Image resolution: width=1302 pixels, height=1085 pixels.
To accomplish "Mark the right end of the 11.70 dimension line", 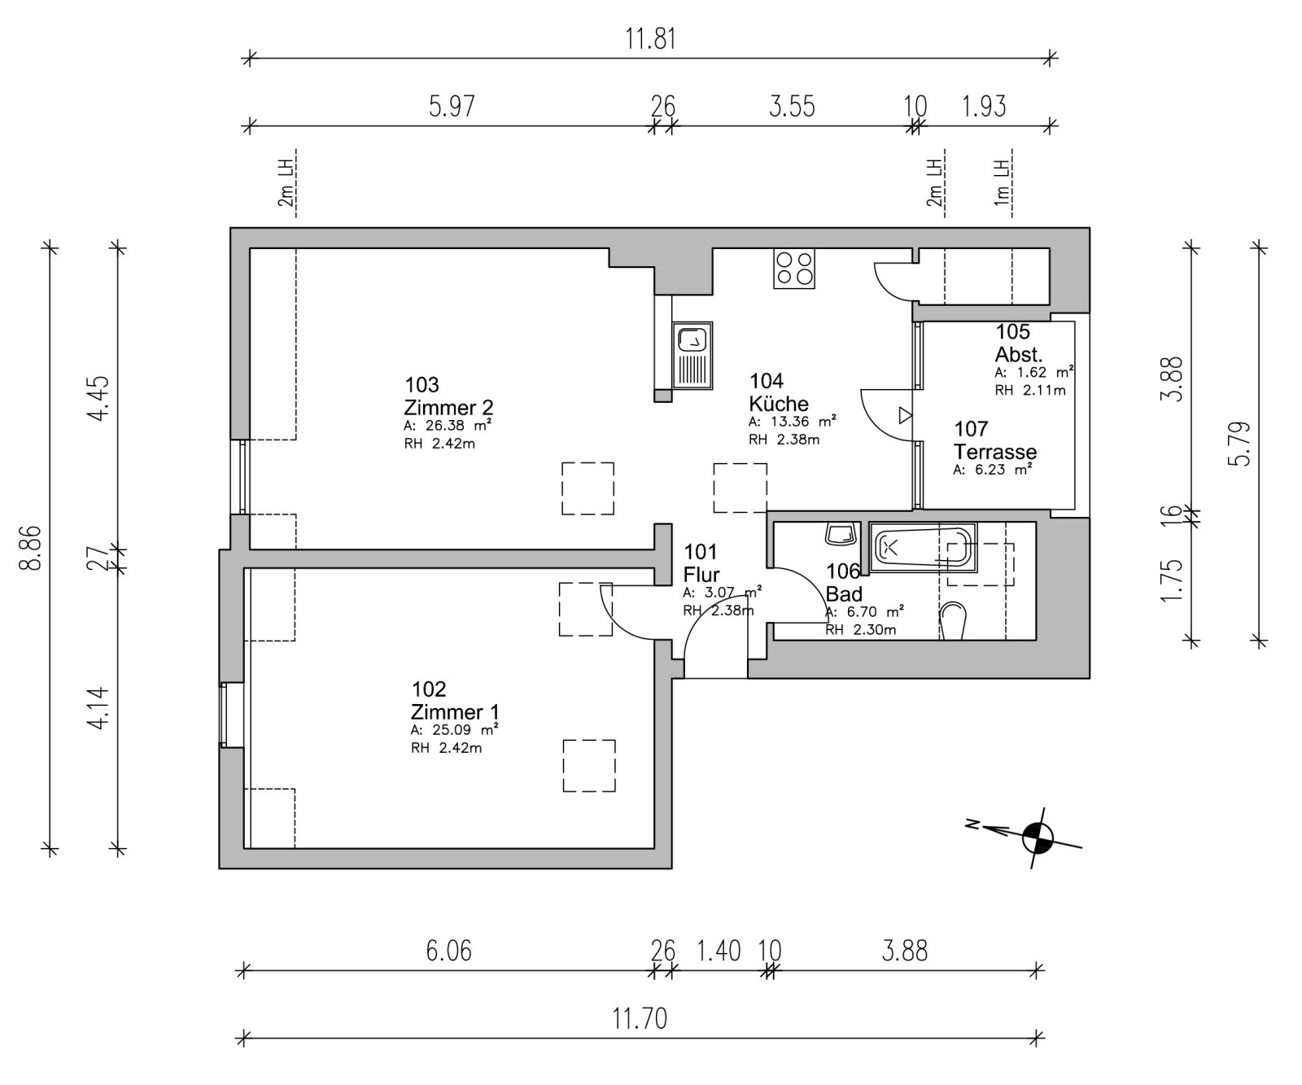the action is (1038, 1038).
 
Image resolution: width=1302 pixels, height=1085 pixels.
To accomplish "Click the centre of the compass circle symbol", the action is (1037, 837).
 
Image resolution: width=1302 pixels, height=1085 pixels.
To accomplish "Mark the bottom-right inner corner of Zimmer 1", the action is (654, 849).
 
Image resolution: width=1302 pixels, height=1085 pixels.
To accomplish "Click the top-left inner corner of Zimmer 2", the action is (250, 248).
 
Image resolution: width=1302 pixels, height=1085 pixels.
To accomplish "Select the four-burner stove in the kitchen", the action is (794, 268).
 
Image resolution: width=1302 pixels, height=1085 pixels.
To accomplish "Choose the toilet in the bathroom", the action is (953, 622).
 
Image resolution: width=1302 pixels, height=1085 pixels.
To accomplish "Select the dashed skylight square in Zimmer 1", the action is (589, 765).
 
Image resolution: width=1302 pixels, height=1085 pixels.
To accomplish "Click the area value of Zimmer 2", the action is (448, 426).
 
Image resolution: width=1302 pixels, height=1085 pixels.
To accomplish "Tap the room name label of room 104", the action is (779, 404).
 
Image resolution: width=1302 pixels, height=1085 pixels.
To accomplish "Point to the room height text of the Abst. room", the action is (1029, 390).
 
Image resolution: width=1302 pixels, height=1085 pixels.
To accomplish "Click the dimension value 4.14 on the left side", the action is (97, 708).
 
